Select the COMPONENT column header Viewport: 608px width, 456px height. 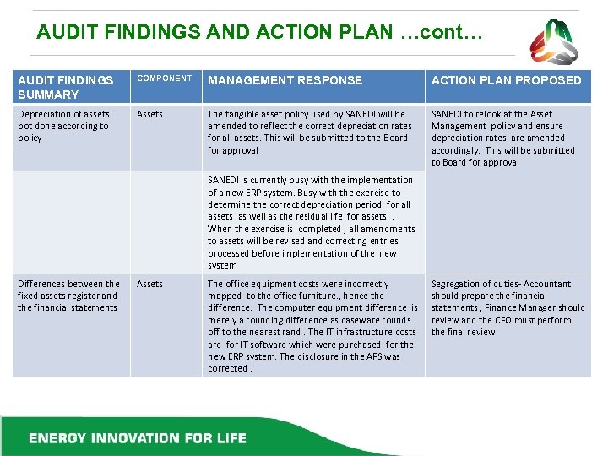click(x=165, y=79)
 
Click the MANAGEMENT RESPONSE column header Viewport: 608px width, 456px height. click(x=285, y=80)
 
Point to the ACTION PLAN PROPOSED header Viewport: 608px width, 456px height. click(x=506, y=80)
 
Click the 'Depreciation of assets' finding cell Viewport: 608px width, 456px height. click(x=63, y=126)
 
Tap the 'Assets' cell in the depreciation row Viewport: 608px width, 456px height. click(x=149, y=114)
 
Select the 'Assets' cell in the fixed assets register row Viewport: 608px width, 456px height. click(x=149, y=285)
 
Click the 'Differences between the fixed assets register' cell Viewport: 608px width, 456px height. click(x=68, y=296)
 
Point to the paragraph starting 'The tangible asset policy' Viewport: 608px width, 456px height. click(x=309, y=132)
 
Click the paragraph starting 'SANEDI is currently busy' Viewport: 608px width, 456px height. click(x=311, y=222)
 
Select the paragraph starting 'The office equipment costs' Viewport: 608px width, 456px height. click(x=312, y=326)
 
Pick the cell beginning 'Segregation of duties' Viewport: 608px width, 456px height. click(x=508, y=307)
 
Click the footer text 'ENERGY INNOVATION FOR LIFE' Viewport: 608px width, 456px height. click(x=138, y=438)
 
